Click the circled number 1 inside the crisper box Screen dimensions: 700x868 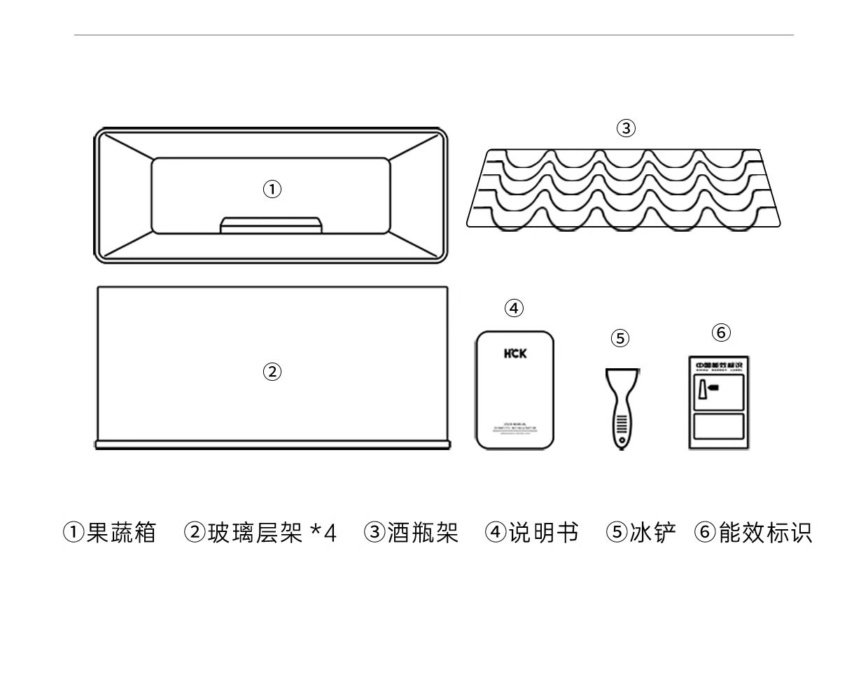pos(272,189)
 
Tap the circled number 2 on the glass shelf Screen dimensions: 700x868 pos(272,372)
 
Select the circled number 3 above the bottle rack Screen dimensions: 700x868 pos(626,128)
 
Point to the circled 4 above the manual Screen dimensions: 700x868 pos(514,308)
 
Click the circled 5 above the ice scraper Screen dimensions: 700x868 pos(620,339)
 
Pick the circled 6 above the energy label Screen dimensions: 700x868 pos(721,332)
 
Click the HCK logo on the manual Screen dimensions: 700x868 pos(514,353)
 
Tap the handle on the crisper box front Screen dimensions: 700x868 pos(272,225)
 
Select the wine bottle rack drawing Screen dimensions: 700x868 pos(623,189)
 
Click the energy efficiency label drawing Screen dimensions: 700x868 pos(718,402)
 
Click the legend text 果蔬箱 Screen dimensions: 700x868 pos(121,533)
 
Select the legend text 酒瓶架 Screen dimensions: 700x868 pos(423,533)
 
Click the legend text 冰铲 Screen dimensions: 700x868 pos(652,533)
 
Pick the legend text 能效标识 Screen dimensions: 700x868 pos(765,533)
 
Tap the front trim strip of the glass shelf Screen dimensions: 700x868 pos(272,444)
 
